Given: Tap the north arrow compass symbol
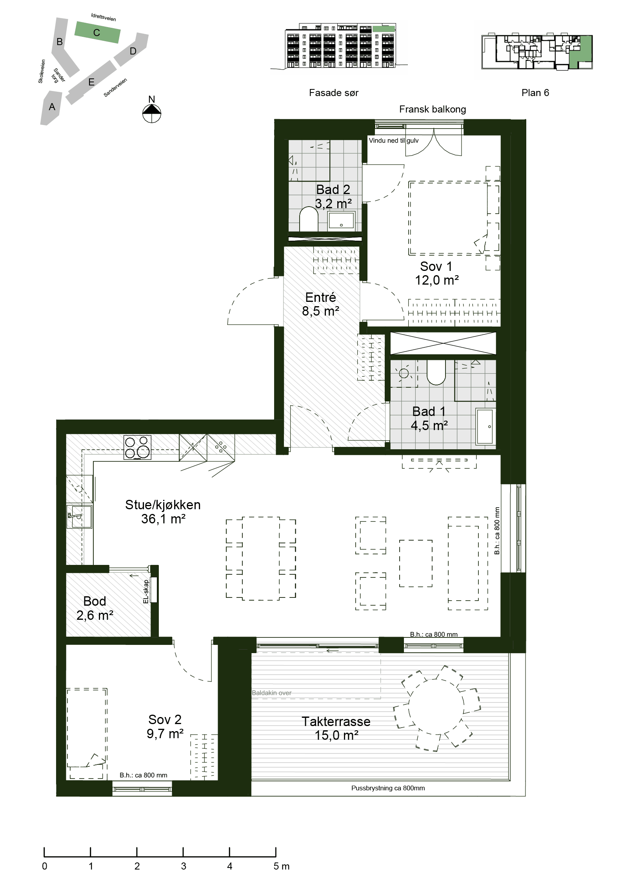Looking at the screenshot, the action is click(x=152, y=113).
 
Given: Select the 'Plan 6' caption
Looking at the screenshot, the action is click(x=535, y=93).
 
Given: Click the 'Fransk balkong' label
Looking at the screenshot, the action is click(x=433, y=109).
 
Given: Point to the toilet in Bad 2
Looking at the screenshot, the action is click(x=309, y=219).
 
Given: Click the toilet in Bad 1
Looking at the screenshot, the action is click(x=436, y=372).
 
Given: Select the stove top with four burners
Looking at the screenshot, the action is click(x=137, y=447).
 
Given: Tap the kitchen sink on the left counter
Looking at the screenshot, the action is click(x=80, y=516).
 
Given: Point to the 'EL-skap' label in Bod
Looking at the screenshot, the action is click(x=146, y=592).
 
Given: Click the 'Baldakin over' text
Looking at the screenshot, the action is click(x=271, y=693).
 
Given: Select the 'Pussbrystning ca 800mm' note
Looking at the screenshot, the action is click(x=388, y=788).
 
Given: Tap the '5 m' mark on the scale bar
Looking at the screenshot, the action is click(x=281, y=866).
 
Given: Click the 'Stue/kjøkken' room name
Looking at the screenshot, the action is click(x=163, y=505).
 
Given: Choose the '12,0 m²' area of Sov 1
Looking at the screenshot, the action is click(x=437, y=280).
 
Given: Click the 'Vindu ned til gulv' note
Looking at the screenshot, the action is click(x=394, y=140).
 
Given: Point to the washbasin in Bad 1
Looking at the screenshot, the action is click(x=485, y=427).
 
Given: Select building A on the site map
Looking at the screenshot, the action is click(x=51, y=107).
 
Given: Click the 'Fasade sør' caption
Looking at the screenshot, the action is click(x=334, y=93).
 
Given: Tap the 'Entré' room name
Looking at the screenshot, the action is click(x=320, y=297).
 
